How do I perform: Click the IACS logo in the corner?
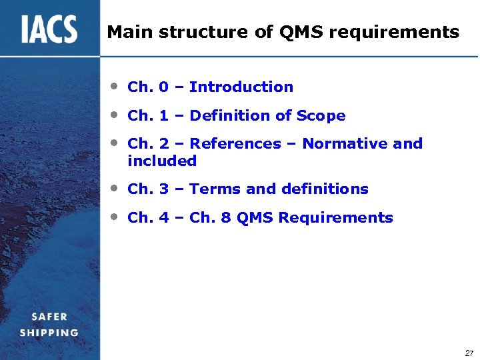[x=49, y=29]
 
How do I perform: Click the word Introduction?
[x=241, y=87]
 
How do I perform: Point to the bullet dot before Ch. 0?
[x=115, y=86]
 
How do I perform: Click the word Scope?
[x=321, y=116]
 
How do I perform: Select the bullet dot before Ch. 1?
[x=115, y=115]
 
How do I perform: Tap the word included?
[x=162, y=161]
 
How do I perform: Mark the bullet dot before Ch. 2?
[x=115, y=143]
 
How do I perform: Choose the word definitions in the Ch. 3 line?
[x=325, y=189]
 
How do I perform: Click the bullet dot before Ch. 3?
[x=115, y=188]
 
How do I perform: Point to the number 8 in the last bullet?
[x=226, y=218]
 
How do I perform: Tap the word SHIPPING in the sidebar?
[x=49, y=332]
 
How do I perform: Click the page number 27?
[x=469, y=353]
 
